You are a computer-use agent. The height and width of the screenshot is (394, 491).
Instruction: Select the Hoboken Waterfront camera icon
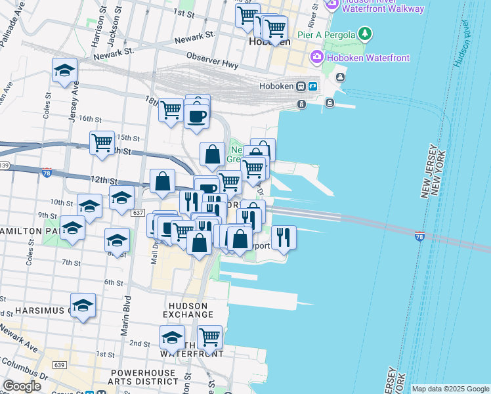[x=317, y=58]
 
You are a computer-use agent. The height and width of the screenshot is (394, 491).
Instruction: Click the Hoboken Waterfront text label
[x=368, y=58]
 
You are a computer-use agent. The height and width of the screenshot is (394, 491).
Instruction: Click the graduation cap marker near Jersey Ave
[x=64, y=71]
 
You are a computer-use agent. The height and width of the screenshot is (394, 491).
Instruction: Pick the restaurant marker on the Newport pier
[x=283, y=237]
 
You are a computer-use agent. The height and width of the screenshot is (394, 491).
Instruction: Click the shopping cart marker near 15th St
[x=102, y=142]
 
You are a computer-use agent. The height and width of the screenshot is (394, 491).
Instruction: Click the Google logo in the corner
[x=22, y=386]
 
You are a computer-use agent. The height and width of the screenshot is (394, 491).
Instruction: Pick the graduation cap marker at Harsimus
[x=83, y=306]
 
